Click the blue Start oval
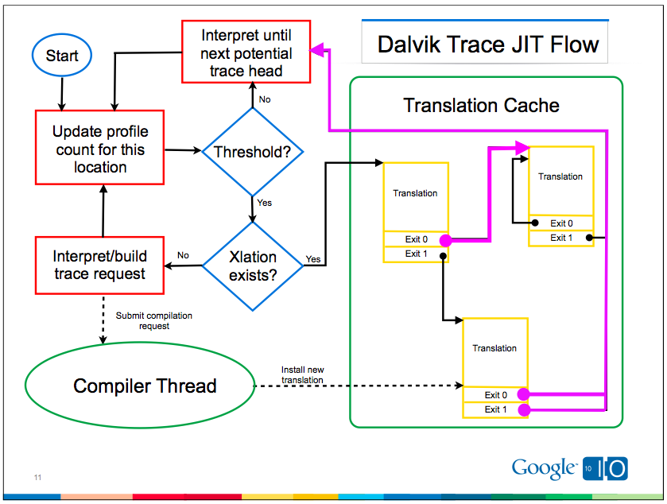[x=61, y=56]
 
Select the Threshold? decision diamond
[x=252, y=152]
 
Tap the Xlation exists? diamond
[x=252, y=266]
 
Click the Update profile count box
[x=100, y=149]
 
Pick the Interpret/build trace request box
[x=100, y=265]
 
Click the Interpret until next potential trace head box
[x=246, y=52]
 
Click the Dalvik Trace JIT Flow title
[x=487, y=44]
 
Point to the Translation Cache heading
[x=481, y=106]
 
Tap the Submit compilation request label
[x=153, y=320]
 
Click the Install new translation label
[x=302, y=374]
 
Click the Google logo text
[x=544, y=468]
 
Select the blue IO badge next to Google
[x=607, y=469]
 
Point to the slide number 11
[x=37, y=477]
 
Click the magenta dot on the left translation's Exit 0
[x=445, y=239]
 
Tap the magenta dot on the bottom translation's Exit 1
[x=524, y=409]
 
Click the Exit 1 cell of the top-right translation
[x=560, y=238]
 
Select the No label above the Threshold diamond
[x=265, y=99]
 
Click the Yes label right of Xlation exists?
[x=313, y=259]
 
